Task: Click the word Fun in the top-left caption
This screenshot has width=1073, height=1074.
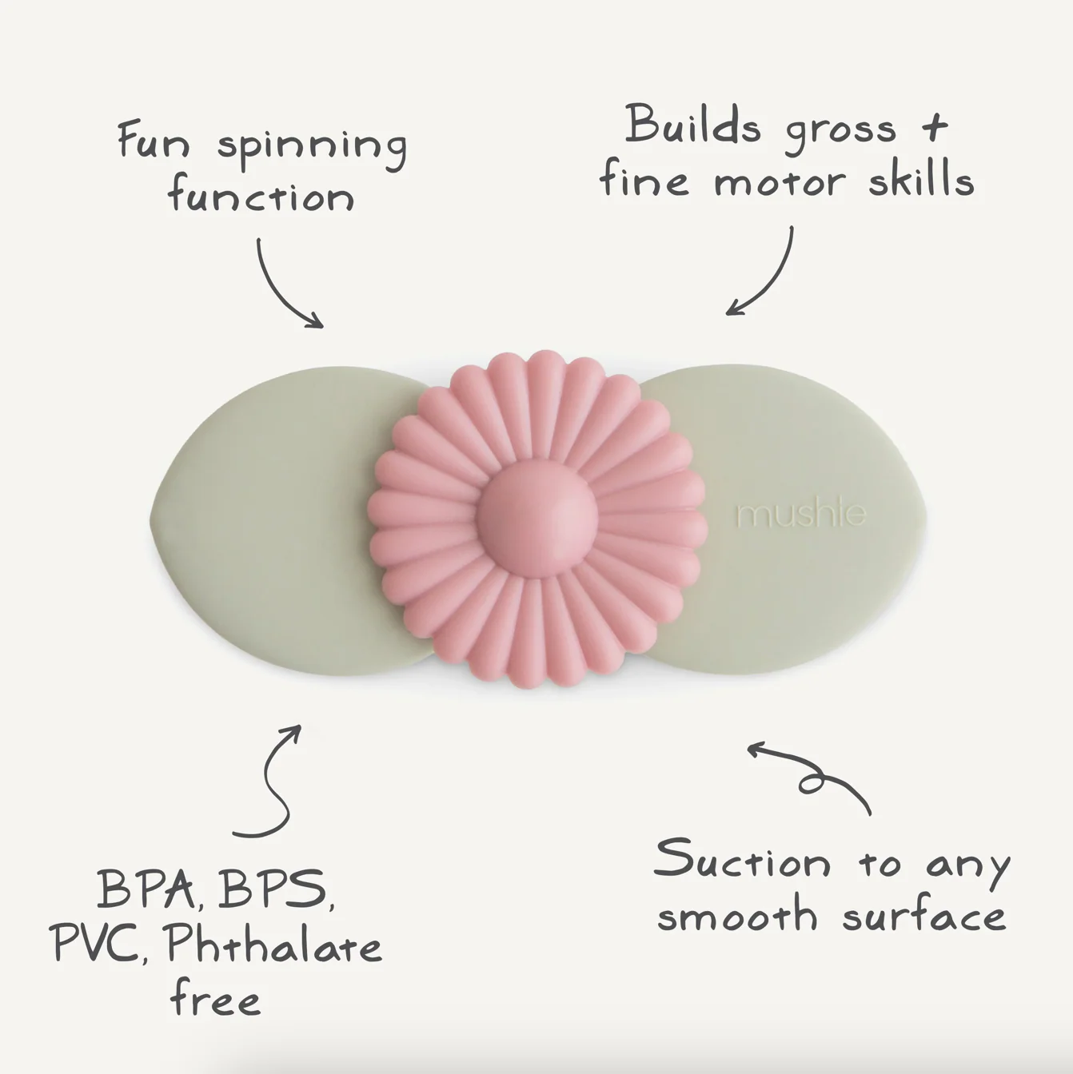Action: pyautogui.click(x=154, y=141)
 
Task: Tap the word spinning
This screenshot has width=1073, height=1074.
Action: pyautogui.click(x=312, y=148)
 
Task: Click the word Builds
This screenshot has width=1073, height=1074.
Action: pyautogui.click(x=692, y=125)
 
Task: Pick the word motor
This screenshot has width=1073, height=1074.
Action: pyautogui.click(x=780, y=181)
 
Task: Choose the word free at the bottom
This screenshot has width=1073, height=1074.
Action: pyautogui.click(x=214, y=1012)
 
